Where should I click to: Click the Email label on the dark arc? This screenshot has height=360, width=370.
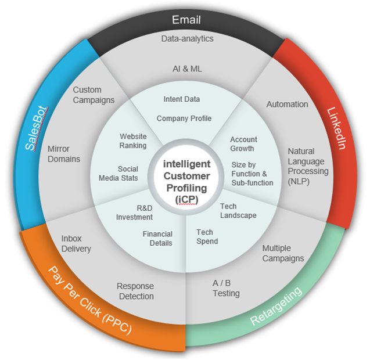click(x=186, y=20)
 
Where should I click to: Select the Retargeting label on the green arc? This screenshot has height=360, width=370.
click(x=276, y=306)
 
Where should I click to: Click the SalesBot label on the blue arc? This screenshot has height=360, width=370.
click(x=37, y=128)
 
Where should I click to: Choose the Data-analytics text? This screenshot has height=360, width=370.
click(x=188, y=39)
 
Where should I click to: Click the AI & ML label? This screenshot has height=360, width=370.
click(x=187, y=69)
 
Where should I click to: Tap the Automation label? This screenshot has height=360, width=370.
click(x=287, y=104)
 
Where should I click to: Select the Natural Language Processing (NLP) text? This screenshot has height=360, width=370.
click(x=308, y=166)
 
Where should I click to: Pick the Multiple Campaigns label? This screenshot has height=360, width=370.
click(x=283, y=253)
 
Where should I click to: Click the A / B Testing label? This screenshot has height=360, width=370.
click(x=226, y=288)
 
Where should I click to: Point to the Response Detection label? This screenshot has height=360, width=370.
click(x=135, y=291)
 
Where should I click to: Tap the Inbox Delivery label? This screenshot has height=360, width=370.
click(x=76, y=244)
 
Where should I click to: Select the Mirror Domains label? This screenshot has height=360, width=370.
click(x=64, y=154)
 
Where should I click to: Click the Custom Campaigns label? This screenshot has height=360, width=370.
click(x=94, y=95)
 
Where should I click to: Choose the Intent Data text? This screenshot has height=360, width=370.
click(x=182, y=99)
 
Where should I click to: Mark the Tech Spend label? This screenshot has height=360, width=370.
click(x=207, y=237)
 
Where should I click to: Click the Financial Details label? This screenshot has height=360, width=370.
click(x=157, y=239)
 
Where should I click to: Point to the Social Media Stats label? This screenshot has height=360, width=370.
click(x=118, y=174)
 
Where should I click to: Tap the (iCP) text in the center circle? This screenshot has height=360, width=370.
click(x=186, y=200)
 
